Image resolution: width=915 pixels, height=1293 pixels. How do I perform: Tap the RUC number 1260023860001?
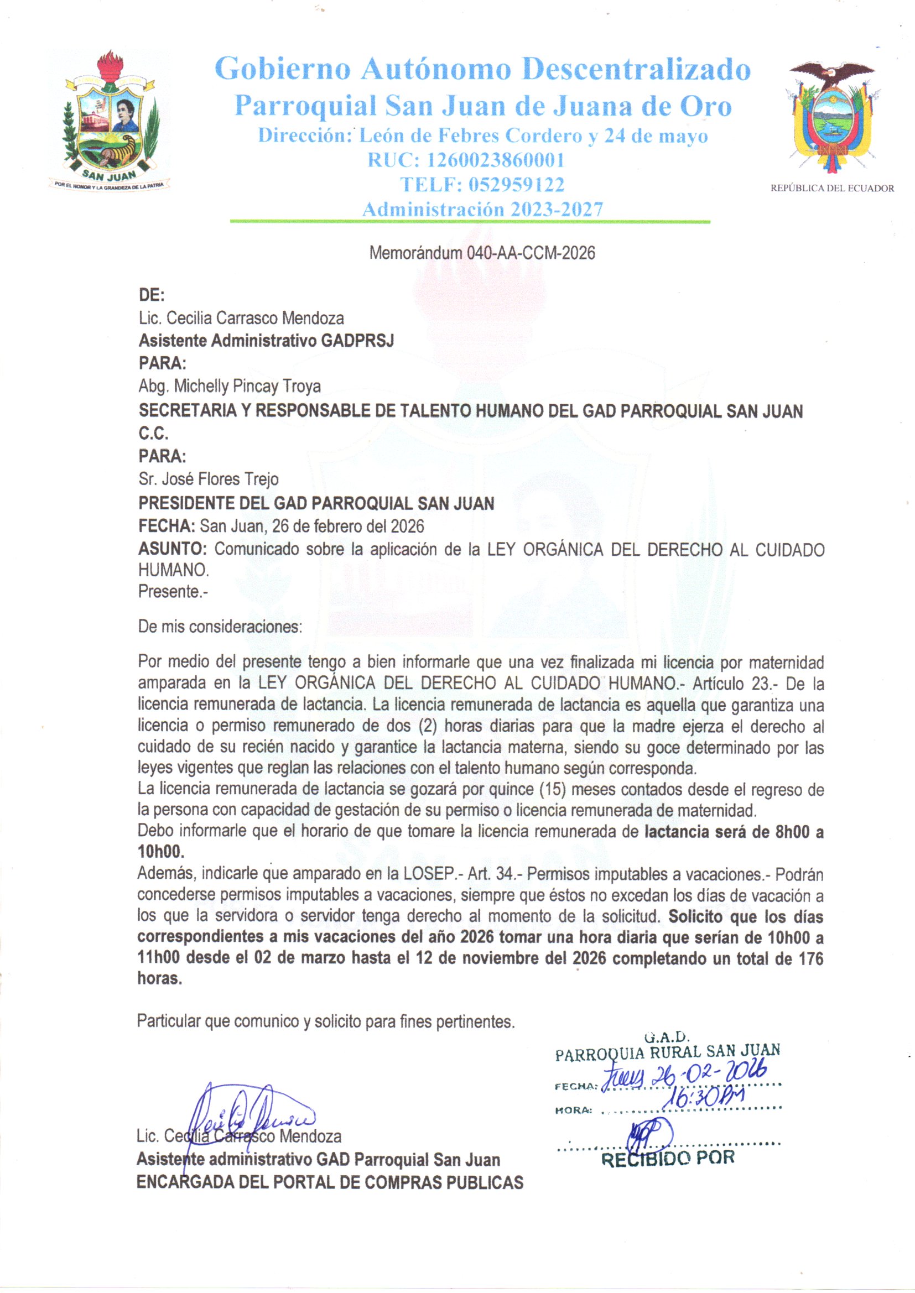pyautogui.click(x=495, y=160)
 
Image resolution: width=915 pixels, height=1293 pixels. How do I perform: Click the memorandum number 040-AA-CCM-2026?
pyautogui.click(x=530, y=253)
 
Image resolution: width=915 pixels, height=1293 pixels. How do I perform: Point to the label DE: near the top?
pyautogui.click(x=152, y=295)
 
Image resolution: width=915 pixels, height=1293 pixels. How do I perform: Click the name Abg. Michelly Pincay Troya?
pyautogui.click(x=230, y=387)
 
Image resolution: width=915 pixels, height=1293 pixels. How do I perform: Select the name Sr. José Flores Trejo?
pyautogui.click(x=209, y=479)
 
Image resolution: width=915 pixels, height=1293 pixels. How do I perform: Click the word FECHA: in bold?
pyautogui.click(x=167, y=526)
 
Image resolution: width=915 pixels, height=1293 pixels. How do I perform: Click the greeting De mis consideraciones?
pyautogui.click(x=220, y=627)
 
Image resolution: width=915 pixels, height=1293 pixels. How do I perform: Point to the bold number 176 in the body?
pyautogui.click(x=812, y=958)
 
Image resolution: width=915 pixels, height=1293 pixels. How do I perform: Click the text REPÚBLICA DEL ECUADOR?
pyautogui.click(x=832, y=189)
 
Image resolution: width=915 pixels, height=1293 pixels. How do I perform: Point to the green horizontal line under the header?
pyautogui.click(x=469, y=222)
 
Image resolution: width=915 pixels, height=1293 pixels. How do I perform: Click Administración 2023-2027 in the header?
pyautogui.click(x=482, y=210)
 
